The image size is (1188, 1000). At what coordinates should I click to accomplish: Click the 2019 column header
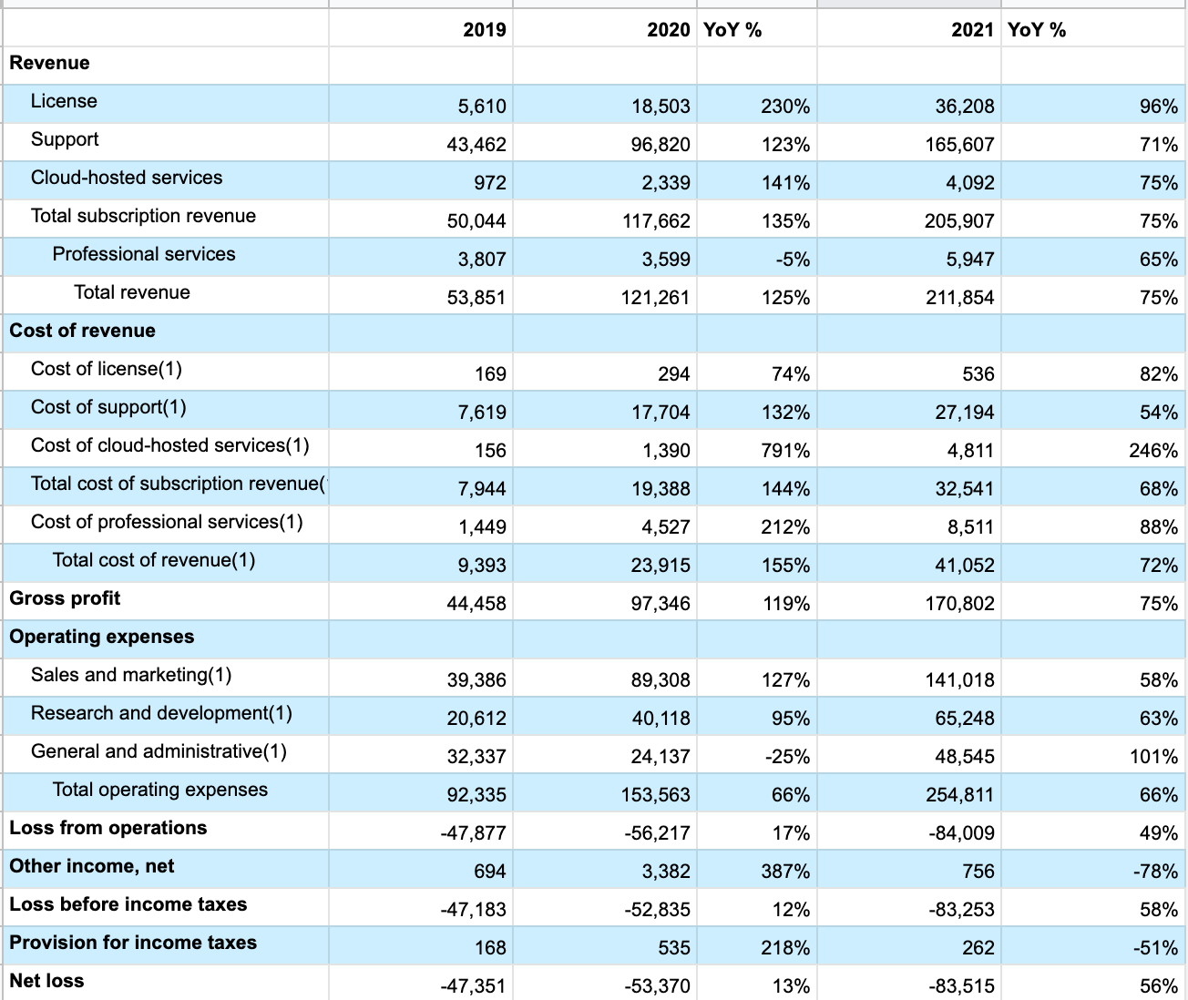(x=484, y=30)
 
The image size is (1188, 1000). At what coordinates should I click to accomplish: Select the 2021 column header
(x=972, y=30)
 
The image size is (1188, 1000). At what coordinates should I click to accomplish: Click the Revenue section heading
(x=50, y=63)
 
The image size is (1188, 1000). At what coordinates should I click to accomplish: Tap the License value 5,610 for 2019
(x=482, y=107)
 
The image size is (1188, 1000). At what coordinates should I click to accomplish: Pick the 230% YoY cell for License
(x=785, y=107)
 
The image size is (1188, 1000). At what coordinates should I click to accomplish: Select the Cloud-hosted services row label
(x=127, y=178)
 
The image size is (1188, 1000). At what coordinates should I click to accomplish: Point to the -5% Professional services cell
(x=793, y=260)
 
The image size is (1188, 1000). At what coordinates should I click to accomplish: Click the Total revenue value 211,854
(x=959, y=298)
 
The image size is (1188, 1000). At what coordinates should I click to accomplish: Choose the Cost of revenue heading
(x=83, y=331)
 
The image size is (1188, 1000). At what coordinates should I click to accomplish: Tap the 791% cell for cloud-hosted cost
(x=785, y=451)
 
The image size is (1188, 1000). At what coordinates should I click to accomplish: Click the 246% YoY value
(x=1153, y=451)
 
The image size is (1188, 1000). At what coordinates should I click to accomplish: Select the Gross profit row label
(x=65, y=598)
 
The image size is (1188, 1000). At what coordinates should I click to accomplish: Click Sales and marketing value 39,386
(x=476, y=680)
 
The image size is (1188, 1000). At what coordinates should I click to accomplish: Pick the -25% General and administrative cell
(x=788, y=757)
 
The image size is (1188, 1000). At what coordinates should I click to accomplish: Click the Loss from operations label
(x=108, y=828)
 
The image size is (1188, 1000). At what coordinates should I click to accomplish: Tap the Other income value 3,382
(x=666, y=872)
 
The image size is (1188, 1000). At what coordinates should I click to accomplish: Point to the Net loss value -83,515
(x=961, y=986)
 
